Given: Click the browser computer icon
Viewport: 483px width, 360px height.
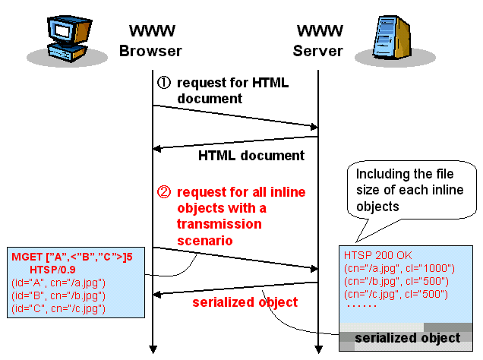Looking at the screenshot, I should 61,38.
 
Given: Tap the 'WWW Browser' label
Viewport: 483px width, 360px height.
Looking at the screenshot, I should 151,42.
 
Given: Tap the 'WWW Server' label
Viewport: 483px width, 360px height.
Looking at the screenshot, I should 318,42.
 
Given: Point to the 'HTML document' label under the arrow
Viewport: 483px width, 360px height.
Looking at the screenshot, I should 251,156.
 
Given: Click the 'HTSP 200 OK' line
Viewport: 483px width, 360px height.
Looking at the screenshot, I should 377,255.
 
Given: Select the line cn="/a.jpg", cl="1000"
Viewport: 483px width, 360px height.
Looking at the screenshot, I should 399,268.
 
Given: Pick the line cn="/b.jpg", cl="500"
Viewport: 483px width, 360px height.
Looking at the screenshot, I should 396,281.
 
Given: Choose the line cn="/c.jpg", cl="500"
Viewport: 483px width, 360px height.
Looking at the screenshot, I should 396,294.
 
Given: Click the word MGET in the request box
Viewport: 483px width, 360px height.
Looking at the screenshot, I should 28,257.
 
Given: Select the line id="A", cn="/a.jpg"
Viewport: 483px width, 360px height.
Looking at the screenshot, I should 58,283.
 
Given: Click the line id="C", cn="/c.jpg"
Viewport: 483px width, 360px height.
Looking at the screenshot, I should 58,308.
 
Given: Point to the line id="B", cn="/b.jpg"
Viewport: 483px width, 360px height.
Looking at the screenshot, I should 58,295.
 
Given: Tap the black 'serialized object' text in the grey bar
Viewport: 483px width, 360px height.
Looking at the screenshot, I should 408,338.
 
